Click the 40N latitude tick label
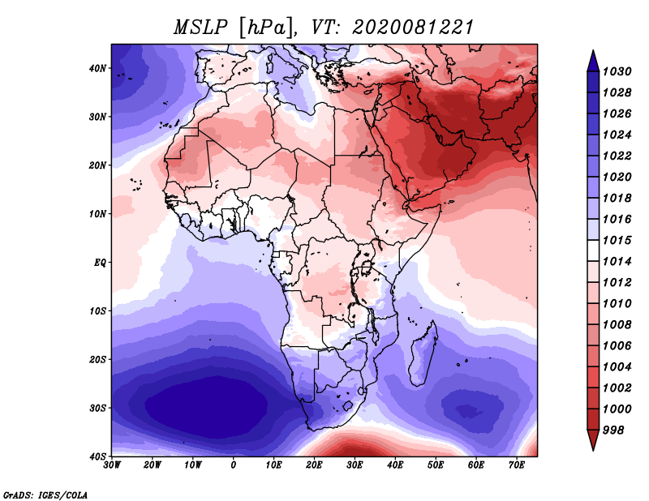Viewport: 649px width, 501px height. click(97, 68)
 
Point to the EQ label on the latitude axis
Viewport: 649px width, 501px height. click(99, 263)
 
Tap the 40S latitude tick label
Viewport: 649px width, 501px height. click(97, 456)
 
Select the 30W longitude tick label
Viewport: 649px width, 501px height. click(112, 465)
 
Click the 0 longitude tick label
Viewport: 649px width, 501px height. click(234, 465)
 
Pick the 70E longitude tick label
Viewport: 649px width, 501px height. click(517, 465)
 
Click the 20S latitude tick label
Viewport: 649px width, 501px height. click(97, 359)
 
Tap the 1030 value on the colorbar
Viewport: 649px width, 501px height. click(617, 71)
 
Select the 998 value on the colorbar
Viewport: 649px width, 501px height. click(613, 430)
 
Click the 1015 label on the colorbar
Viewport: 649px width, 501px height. click(617, 240)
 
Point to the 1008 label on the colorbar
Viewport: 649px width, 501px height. click(617, 325)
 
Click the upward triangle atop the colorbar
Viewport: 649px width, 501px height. click(593, 62)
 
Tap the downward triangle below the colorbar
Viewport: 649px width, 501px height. click(593, 440)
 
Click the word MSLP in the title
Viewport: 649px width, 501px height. click(200, 28)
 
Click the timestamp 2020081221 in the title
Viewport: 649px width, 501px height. click(413, 28)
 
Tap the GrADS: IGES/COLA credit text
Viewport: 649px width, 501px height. click(45, 495)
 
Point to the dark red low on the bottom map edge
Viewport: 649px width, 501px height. click(352, 449)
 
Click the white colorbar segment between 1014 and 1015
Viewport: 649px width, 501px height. click(593, 250)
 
